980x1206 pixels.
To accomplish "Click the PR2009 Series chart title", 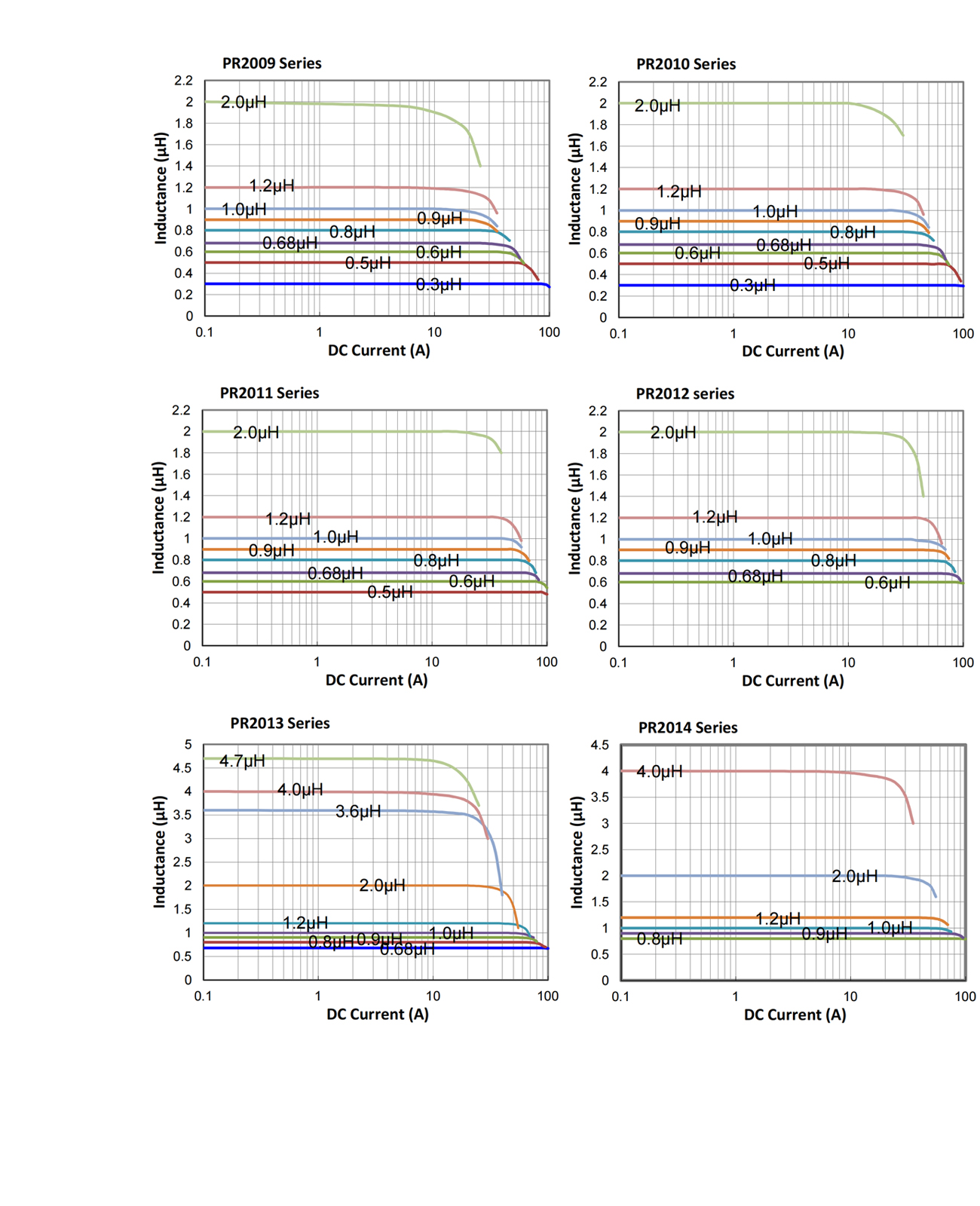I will coord(271,63).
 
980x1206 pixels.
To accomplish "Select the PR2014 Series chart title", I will coord(688,727).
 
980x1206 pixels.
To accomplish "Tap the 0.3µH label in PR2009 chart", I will coord(439,285).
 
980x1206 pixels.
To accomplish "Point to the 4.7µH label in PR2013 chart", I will coord(242,761).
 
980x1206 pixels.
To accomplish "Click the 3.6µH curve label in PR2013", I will coord(358,812).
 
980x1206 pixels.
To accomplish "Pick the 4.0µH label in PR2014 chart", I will coord(660,772).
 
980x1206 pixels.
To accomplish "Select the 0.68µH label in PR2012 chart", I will coord(755,577).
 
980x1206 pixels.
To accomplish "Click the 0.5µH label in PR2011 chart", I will coord(390,592).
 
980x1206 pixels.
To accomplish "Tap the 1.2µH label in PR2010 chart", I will coord(678,192).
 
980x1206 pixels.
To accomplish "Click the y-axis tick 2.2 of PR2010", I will coord(598,82).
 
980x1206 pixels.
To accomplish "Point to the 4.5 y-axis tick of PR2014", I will coord(599,745).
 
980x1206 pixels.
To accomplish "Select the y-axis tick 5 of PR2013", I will coord(188,745).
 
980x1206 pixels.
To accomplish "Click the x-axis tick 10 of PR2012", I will coord(848,663).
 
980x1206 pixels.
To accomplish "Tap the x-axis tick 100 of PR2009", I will coord(549,332).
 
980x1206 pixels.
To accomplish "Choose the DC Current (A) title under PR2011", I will coord(376,680).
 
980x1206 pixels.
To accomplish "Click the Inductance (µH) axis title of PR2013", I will coord(160,852).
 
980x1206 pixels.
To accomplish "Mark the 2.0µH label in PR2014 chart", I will coord(854,877).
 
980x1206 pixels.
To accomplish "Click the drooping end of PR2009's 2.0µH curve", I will coord(479,164).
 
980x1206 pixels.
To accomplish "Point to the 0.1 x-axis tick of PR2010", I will coord(618,334).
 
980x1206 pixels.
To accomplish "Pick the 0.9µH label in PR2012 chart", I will coord(687,548).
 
